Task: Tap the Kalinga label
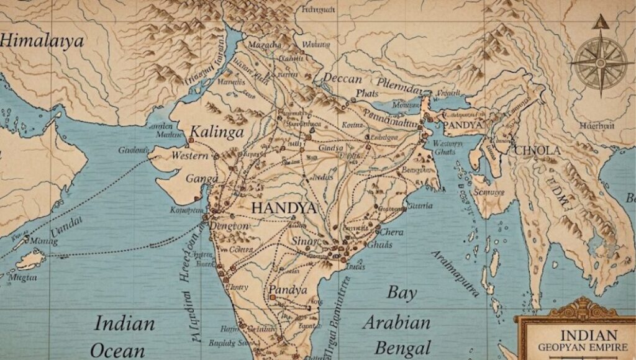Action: [x=217, y=132]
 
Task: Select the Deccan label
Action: [x=342, y=79]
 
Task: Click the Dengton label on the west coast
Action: [x=229, y=227]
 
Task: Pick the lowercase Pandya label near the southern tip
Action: [x=288, y=290]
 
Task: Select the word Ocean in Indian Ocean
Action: [x=118, y=350]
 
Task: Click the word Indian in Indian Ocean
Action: [x=124, y=323]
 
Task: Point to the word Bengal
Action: [x=397, y=348]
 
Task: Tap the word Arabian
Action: [x=397, y=323]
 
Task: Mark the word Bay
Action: [x=402, y=292]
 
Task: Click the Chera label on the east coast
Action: [x=391, y=232]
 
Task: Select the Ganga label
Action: [x=202, y=179]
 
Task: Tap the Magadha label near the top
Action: [x=265, y=45]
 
